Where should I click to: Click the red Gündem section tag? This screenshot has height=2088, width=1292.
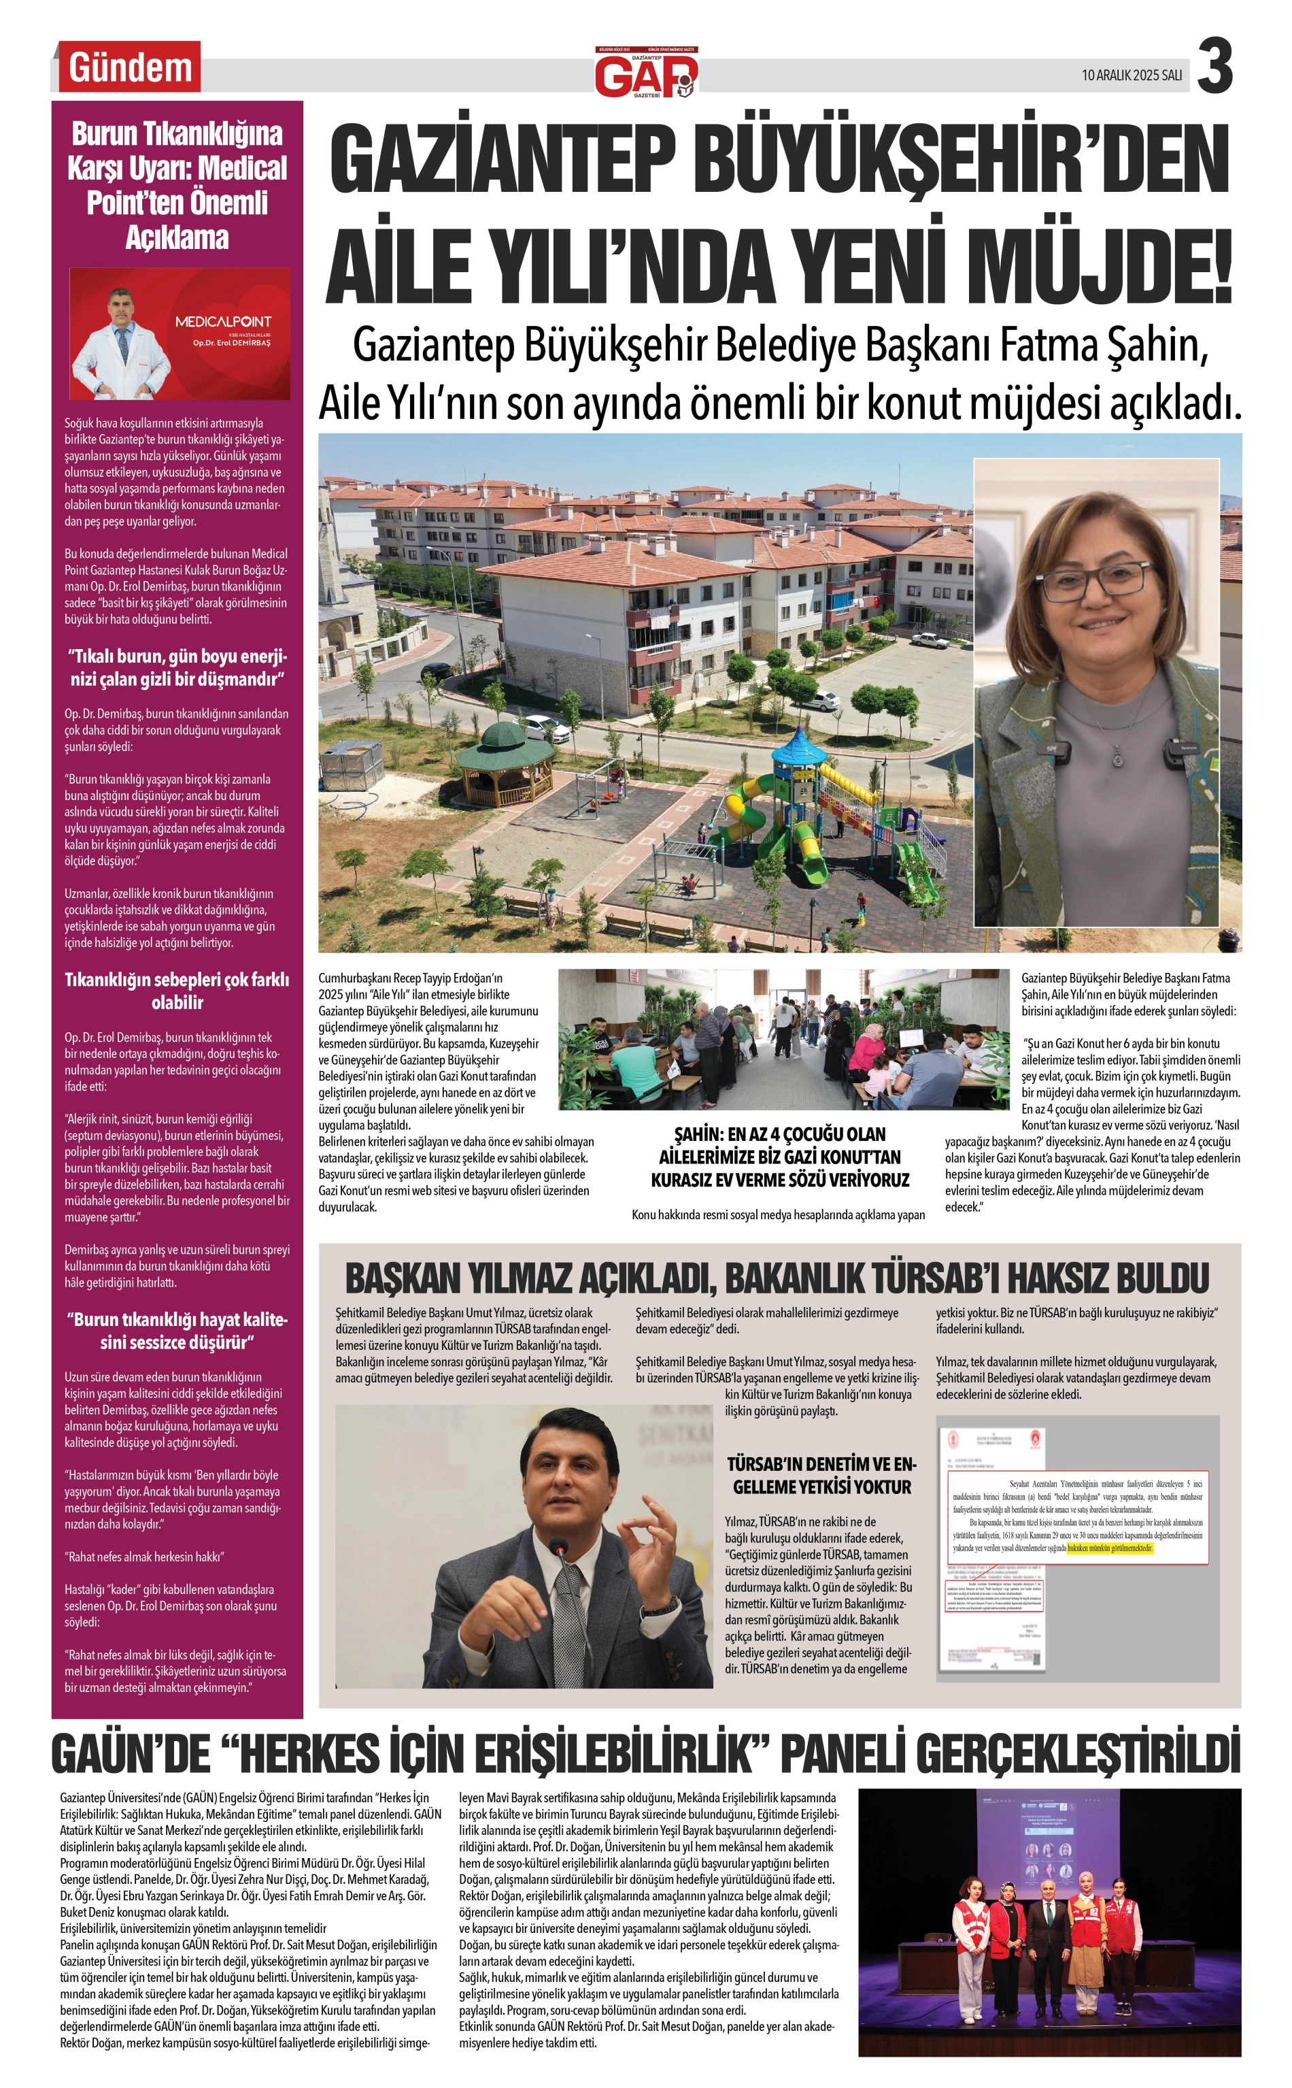coord(129,67)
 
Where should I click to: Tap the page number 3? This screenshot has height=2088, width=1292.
coord(1214,67)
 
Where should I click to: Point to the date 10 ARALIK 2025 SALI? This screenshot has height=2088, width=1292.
coord(1132,76)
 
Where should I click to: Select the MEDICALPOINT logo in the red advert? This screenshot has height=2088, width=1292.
coord(223,322)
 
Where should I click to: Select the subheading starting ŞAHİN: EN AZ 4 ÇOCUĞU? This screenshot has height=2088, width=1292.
coord(779,1157)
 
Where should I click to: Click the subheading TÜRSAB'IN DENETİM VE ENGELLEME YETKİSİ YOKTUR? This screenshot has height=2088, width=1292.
coord(820,1475)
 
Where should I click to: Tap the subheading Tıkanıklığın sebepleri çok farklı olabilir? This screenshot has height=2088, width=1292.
coord(177,991)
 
